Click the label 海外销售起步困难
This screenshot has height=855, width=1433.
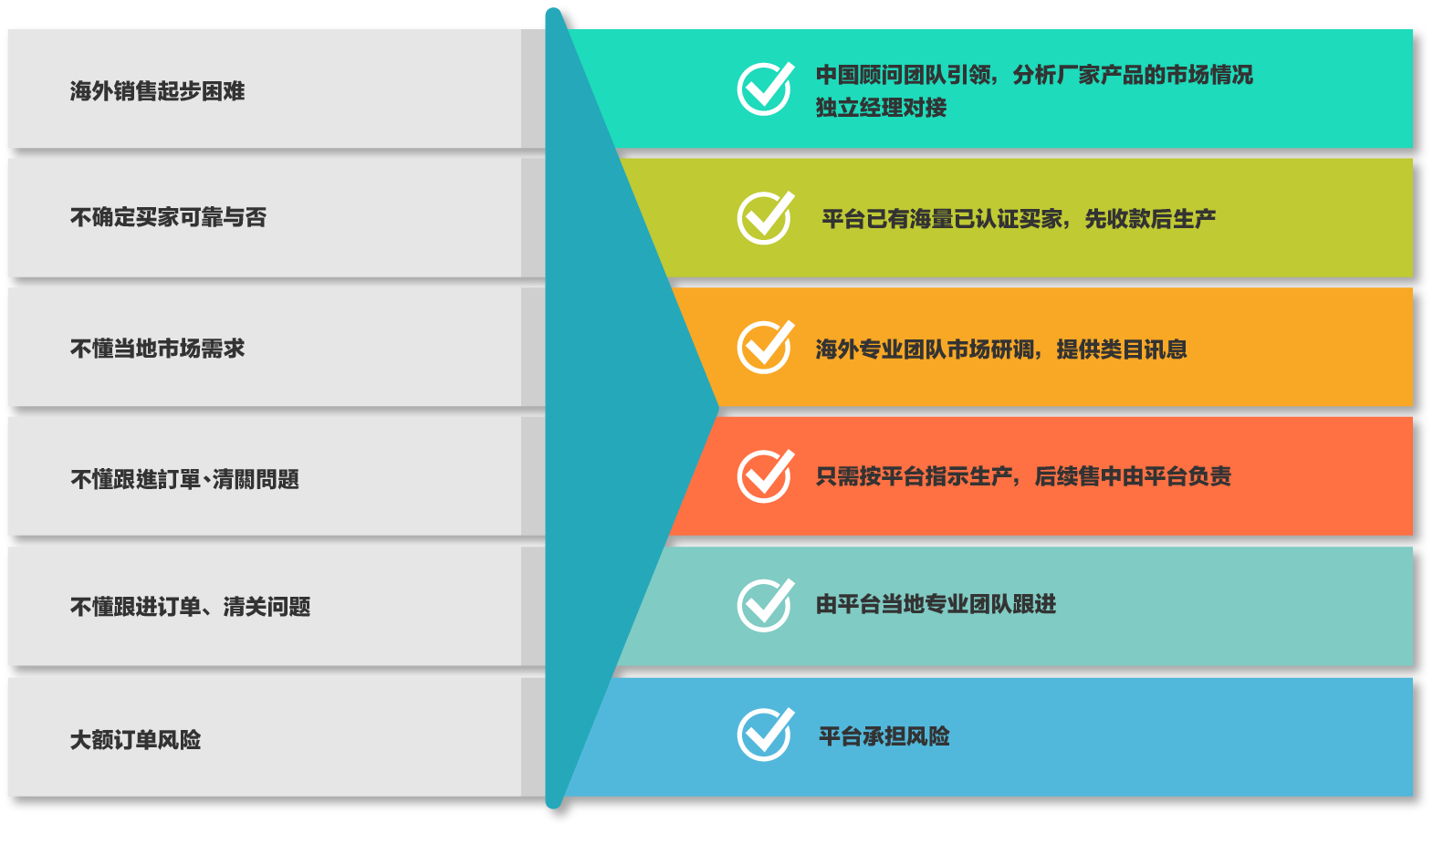pyautogui.click(x=157, y=91)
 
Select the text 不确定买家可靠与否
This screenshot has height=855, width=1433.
pyautogui.click(x=168, y=217)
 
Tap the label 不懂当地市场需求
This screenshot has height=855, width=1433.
pyautogui.click(x=157, y=349)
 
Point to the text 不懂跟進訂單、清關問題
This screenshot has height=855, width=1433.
pyautogui.click(x=184, y=479)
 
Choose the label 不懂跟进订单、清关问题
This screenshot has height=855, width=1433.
pyautogui.click(x=190, y=607)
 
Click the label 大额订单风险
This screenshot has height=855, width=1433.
pyautogui.click(x=135, y=739)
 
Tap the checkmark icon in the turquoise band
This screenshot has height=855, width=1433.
pyautogui.click(x=765, y=89)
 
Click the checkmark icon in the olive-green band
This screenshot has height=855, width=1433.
pyautogui.click(x=765, y=218)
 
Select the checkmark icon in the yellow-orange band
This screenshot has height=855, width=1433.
pyautogui.click(x=765, y=348)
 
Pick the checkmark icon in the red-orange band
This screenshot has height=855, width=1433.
pyautogui.click(x=765, y=476)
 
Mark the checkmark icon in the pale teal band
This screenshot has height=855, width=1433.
pyautogui.click(x=765, y=605)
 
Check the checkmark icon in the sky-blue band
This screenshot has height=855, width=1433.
pyautogui.click(x=765, y=735)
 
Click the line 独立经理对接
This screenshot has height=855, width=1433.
pyautogui.click(x=881, y=108)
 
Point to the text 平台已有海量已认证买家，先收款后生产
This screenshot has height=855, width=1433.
pyautogui.click(x=1019, y=219)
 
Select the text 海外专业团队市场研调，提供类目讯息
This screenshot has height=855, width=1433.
pyautogui.click(x=1001, y=349)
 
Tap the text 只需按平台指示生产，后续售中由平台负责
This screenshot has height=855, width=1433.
pyautogui.click(x=1023, y=476)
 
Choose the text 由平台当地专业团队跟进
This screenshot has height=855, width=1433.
pyautogui.click(x=936, y=604)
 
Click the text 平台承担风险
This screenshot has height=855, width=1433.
pyautogui.click(x=884, y=736)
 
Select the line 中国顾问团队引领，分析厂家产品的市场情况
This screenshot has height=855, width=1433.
pyautogui.click(x=1034, y=75)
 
